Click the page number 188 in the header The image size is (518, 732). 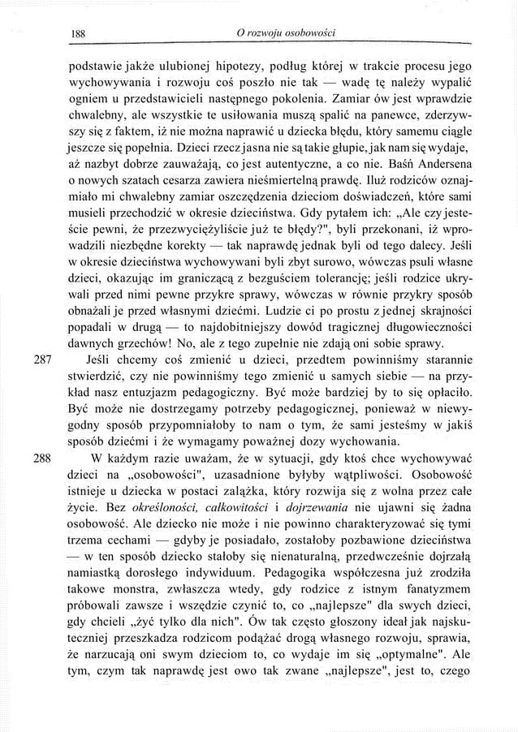coord(80,33)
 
